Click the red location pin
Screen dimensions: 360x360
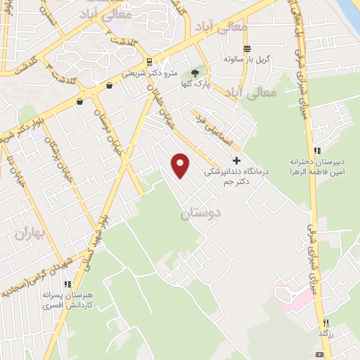pyautogui.click(x=181, y=165)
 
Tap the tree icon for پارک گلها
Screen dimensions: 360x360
pyautogui.click(x=195, y=72)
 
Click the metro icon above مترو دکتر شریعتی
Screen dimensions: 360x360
pyautogui.click(x=149, y=60)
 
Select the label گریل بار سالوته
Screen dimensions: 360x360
pyautogui.click(x=247, y=58)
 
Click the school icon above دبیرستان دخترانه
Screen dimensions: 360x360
pyautogui.click(x=318, y=150)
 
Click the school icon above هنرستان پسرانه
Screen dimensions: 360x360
pyautogui.click(x=67, y=285)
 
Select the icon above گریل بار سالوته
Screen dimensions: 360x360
pyautogui.click(x=247, y=49)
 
